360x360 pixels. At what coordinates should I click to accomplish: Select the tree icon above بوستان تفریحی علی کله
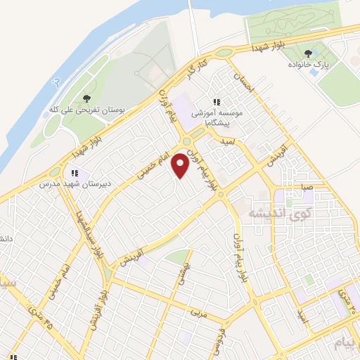(x=87, y=98)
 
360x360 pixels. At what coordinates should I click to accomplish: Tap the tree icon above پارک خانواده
(x=308, y=53)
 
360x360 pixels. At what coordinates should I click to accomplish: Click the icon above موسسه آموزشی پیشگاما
(x=217, y=103)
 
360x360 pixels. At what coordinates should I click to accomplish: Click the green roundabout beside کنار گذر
(x=224, y=53)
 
